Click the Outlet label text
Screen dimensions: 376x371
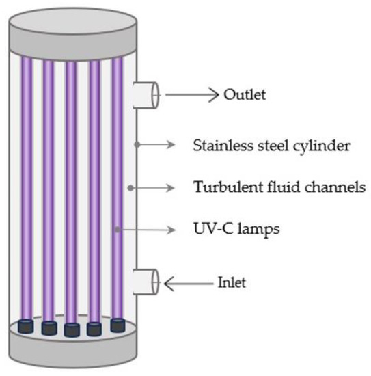[x=245, y=94]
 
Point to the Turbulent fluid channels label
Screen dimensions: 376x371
[x=279, y=187]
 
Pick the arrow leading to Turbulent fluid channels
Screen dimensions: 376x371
[x=157, y=187]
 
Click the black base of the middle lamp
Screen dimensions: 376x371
[x=72, y=331]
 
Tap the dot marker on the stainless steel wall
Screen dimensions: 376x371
[x=137, y=145]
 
